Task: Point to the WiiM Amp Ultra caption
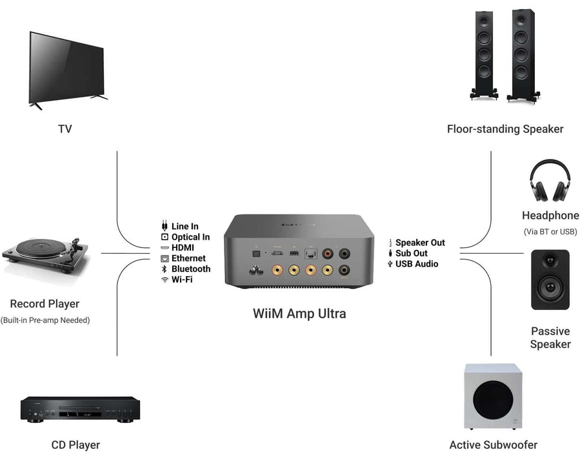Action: [299, 314]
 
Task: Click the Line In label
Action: [185, 227]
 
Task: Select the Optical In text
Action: [190, 237]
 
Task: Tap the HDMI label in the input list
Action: [183, 248]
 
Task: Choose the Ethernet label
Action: [188, 258]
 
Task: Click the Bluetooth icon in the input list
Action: [165, 269]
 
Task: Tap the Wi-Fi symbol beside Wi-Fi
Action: [165, 280]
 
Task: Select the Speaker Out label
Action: [420, 243]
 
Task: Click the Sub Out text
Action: [412, 253]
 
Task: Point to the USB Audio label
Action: [417, 263]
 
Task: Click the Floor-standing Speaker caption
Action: [505, 129]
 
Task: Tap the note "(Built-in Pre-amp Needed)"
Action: [45, 320]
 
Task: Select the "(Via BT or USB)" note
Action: [550, 232]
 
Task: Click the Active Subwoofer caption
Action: [494, 444]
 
